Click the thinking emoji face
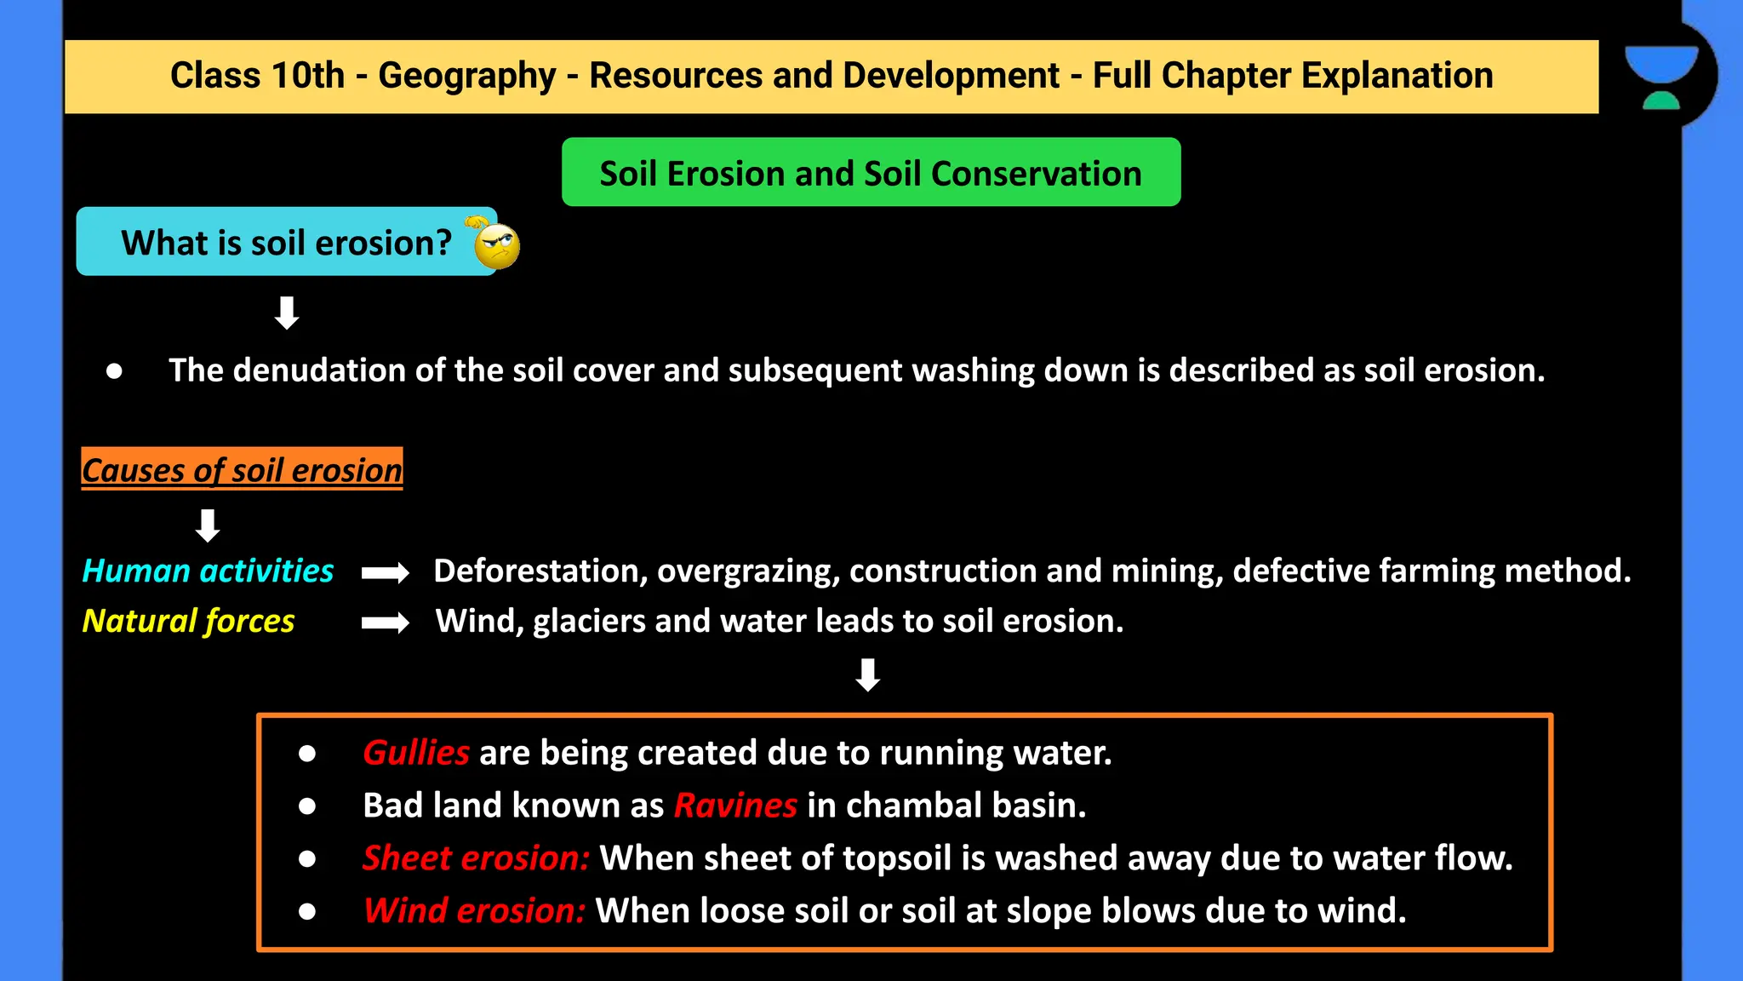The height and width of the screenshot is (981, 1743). [x=496, y=246]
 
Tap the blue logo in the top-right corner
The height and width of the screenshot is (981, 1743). [x=1661, y=77]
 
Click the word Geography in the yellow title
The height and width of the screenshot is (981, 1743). [x=466, y=76]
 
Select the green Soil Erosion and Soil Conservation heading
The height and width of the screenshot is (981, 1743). [x=871, y=173]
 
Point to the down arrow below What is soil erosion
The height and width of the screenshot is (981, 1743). [x=287, y=313]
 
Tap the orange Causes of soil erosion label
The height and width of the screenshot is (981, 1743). [x=242, y=469]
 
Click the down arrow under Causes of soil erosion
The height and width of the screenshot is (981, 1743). [x=208, y=525]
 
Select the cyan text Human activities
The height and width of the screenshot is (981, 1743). [x=208, y=571]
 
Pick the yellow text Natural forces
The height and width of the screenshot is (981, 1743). [x=188, y=621]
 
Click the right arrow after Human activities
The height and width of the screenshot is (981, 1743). [x=385, y=573]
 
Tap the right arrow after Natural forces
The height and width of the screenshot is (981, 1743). [x=385, y=623]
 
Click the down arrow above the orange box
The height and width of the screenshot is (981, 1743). [x=867, y=674]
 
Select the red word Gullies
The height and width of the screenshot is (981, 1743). [x=415, y=753]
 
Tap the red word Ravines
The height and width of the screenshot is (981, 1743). [x=734, y=806]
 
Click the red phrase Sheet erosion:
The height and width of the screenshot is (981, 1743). [x=475, y=858]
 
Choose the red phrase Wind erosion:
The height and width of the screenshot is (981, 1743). [x=473, y=911]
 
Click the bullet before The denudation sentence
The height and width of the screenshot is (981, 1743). [x=114, y=371]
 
